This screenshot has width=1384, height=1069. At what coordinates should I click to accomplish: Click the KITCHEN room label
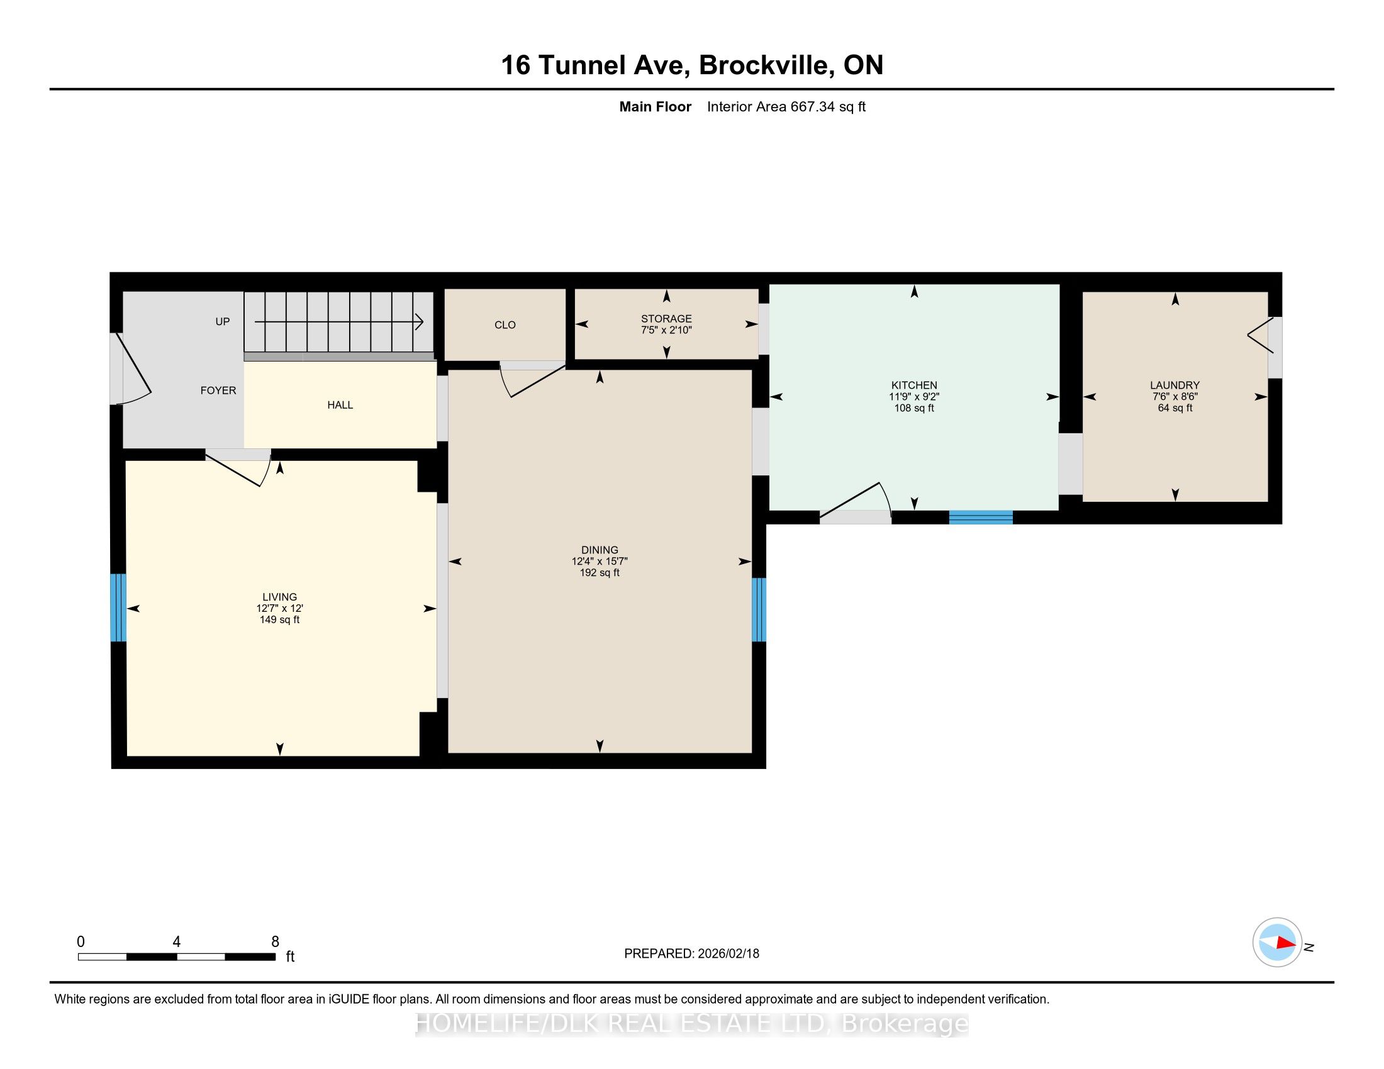[x=914, y=385]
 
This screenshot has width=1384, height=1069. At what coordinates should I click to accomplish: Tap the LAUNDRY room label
[x=1175, y=385]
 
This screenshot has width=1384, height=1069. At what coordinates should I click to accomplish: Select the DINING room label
[x=600, y=550]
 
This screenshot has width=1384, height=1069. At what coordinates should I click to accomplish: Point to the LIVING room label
[x=279, y=597]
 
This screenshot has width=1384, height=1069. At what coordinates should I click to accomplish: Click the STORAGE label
[x=666, y=319]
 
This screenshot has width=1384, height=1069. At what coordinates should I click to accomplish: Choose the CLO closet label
[x=505, y=325]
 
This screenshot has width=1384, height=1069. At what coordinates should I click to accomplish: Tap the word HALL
[x=340, y=405]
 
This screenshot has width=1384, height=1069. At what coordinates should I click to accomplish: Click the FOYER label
[x=218, y=390]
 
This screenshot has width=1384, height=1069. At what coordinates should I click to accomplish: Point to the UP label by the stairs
[x=223, y=321]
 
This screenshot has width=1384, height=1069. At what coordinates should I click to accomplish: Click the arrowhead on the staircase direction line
[x=420, y=322]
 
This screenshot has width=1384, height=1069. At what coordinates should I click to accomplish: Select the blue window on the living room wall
[x=118, y=607]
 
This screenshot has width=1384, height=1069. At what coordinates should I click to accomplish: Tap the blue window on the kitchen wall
[x=980, y=518]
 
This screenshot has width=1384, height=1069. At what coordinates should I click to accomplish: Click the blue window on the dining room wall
[x=759, y=609]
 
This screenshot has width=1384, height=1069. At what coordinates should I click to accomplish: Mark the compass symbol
[x=1277, y=943]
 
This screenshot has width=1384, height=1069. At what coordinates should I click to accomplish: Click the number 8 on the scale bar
[x=275, y=942]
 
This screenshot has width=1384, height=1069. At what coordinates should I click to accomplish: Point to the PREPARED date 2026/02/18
[x=728, y=954]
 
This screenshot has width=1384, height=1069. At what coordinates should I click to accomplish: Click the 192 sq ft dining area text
[x=600, y=572]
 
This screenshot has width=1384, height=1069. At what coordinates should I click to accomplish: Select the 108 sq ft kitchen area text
[x=914, y=408]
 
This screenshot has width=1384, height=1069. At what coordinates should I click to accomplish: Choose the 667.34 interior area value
[x=812, y=106]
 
